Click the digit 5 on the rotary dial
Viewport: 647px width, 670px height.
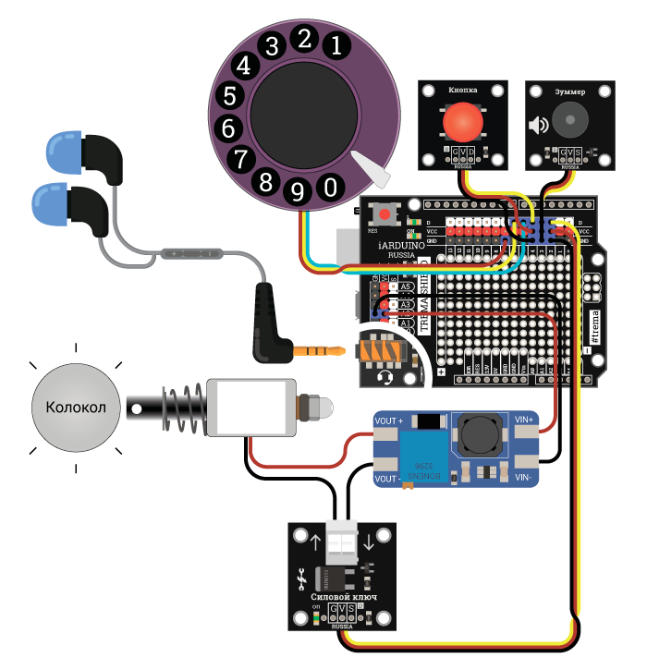coord(231,95)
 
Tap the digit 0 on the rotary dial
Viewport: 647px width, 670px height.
coord(329,187)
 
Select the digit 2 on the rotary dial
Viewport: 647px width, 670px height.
coord(302,38)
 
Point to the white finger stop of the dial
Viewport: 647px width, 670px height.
coord(376,171)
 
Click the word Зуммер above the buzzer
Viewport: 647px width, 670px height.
coord(569,92)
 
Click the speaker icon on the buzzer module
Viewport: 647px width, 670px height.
coord(538,125)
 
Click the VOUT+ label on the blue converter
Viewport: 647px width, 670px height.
coord(389,421)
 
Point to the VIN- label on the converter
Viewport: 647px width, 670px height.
coord(523,478)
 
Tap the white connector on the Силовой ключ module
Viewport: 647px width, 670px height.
coord(341,544)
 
